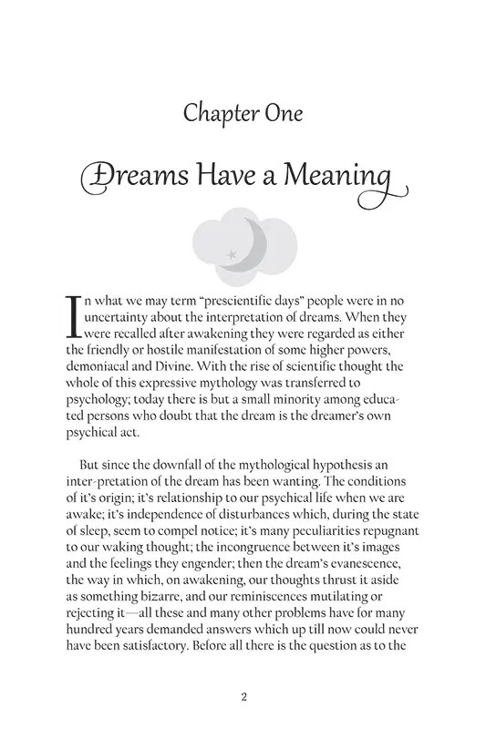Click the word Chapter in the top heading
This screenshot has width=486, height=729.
[x=215, y=113]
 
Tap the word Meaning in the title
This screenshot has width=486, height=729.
[x=357, y=176]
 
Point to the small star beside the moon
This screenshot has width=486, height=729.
[x=232, y=253]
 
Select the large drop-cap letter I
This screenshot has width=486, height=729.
[x=75, y=314]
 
